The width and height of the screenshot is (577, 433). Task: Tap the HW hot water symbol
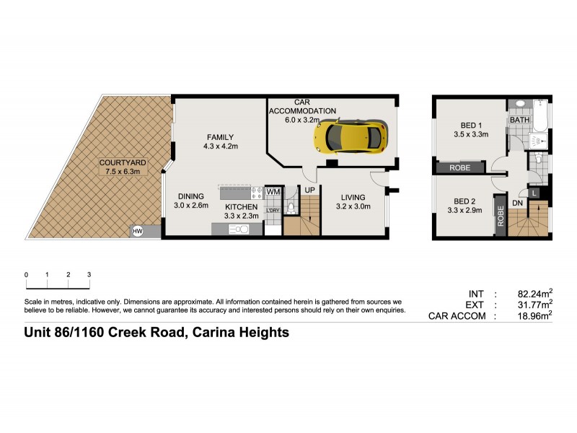coord(137,231)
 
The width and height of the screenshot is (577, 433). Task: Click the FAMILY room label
coord(221,137)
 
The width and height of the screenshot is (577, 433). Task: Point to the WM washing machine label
coord(273,192)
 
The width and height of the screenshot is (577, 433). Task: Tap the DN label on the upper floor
coord(517,204)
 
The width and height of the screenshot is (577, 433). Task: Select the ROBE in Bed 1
coord(460,167)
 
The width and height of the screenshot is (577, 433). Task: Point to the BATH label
coord(519,120)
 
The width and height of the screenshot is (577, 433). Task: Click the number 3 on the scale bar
coord(89,275)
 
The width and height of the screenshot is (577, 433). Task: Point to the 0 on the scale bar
coord(26,275)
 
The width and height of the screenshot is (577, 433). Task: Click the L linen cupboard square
coord(533,193)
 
